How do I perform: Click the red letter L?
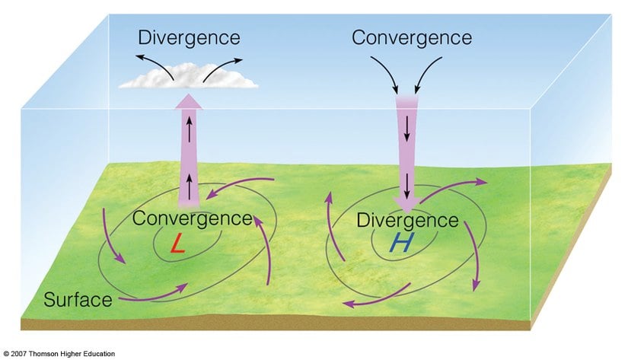click(177, 244)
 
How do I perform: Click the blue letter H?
click(379, 243)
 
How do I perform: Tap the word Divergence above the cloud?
click(189, 37)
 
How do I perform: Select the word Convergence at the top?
click(413, 37)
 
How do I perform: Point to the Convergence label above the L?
click(192, 218)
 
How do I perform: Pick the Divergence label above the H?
click(408, 221)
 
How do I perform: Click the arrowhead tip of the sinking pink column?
click(408, 209)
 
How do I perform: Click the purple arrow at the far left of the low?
click(112, 235)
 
